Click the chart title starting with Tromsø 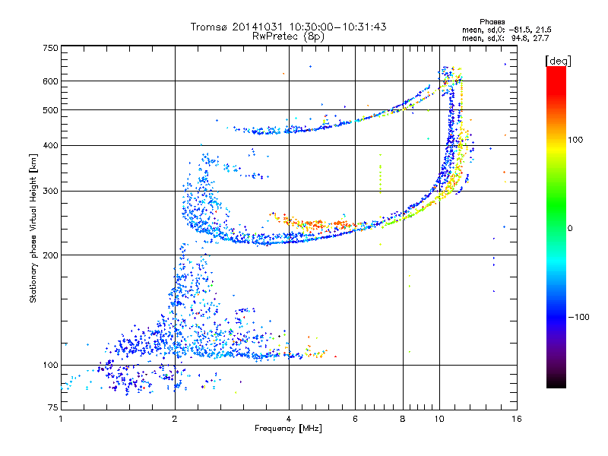(288, 27)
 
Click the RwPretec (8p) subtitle (288, 36)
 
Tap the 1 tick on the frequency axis (61, 419)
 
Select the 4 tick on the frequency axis (289, 419)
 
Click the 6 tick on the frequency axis (356, 419)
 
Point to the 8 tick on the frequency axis (403, 419)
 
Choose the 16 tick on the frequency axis (516, 419)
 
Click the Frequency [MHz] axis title (288, 429)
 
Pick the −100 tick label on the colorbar (578, 316)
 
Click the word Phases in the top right (495, 21)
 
